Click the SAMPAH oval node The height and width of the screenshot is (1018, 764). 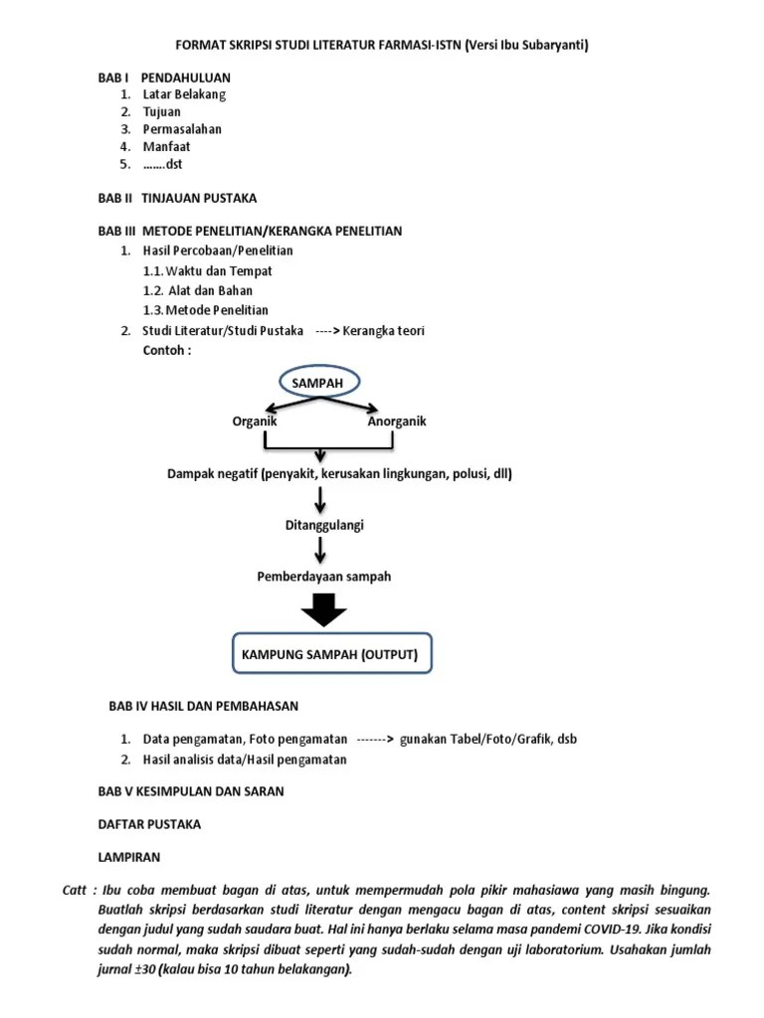pos(320,383)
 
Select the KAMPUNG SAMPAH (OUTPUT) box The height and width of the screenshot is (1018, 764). pos(332,654)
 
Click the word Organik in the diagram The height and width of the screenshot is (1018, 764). pos(255,422)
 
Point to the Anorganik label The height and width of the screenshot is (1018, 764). pos(397,422)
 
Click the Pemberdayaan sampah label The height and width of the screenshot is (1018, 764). pos(324,577)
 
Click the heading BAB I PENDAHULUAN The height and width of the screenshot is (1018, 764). pos(164,77)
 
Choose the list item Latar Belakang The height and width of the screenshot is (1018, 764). pos(185,94)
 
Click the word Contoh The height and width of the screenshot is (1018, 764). pos(166,350)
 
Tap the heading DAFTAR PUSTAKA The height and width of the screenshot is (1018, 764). pos(149,824)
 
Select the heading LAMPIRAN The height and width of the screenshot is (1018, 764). pos(128,856)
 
